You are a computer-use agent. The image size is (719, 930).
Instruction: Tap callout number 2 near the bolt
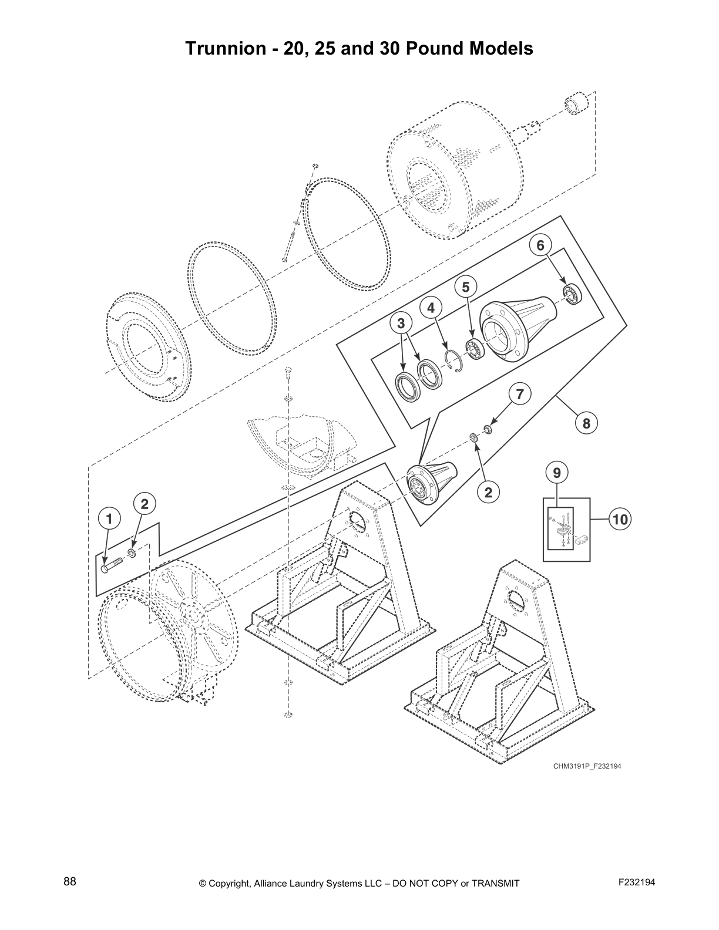tap(145, 503)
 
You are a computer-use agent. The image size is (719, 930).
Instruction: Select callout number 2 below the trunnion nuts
tap(488, 492)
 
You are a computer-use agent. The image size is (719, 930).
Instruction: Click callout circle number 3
tap(401, 323)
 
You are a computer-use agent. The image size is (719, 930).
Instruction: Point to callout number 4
tap(431, 308)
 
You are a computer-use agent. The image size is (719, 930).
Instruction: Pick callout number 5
tap(466, 287)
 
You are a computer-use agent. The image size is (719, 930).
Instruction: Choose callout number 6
tap(540, 245)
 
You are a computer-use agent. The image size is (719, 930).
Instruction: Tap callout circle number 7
tap(519, 394)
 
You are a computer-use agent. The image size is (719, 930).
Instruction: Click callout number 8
tap(586, 423)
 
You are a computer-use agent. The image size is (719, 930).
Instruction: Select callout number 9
tap(557, 471)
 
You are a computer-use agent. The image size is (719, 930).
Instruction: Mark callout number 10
tap(620, 519)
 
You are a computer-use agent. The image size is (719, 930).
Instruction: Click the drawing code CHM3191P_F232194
tap(586, 766)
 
